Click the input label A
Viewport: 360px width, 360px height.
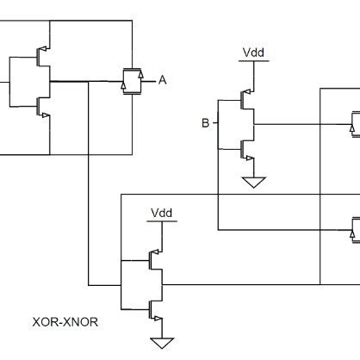(161, 80)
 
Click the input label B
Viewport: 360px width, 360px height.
(205, 123)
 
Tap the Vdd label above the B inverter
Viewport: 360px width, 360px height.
(253, 53)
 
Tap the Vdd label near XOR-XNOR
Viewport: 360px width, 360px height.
(161, 212)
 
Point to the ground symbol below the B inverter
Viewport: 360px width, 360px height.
(253, 182)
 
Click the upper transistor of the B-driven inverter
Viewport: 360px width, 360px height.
(248, 102)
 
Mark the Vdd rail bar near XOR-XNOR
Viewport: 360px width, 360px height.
(161, 221)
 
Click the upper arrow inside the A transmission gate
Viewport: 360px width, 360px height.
(130, 74)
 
